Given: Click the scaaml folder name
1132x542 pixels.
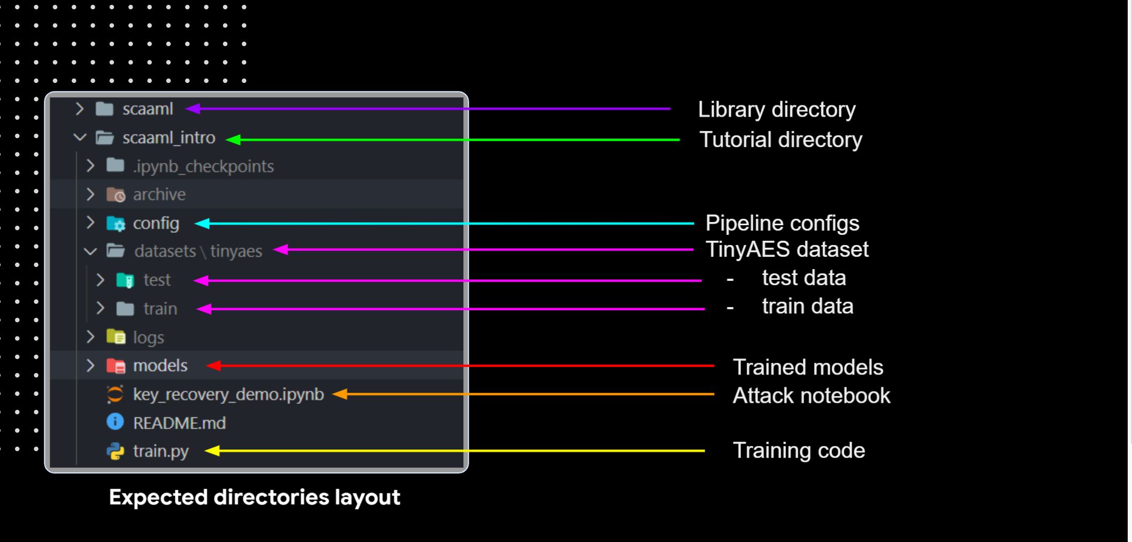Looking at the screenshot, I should tap(148, 109).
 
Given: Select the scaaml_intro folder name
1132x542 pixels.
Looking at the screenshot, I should tap(169, 138).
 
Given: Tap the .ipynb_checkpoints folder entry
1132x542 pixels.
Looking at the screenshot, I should tap(203, 166).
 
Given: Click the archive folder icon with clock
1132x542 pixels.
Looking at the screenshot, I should tap(116, 195).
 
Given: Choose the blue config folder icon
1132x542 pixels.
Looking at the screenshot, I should tap(116, 224).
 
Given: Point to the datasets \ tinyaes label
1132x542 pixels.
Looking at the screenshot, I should tap(198, 251).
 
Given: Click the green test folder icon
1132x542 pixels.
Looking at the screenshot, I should tap(125, 280).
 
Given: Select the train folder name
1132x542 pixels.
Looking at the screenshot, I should tap(160, 309).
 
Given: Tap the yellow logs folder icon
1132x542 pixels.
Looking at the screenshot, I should tap(116, 337).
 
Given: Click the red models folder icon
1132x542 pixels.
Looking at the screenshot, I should tap(116, 366).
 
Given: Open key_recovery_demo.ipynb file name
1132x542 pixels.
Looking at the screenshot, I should tap(228, 394).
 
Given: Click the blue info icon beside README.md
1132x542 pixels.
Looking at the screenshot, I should tap(115, 422).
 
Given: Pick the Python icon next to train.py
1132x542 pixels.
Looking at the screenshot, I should tap(115, 451).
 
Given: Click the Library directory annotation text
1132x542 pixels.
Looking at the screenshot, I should tap(776, 110).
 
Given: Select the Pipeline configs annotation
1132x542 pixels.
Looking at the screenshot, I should tap(782, 223).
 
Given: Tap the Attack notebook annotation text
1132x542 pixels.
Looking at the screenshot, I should tap(811, 396).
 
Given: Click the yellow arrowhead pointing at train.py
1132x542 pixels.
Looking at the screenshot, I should tap(212, 451).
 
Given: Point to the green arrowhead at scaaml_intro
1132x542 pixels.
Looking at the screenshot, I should tap(233, 140).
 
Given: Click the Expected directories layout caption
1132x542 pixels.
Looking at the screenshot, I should tap(255, 497).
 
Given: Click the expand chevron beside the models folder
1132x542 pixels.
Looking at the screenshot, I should tap(90, 366).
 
